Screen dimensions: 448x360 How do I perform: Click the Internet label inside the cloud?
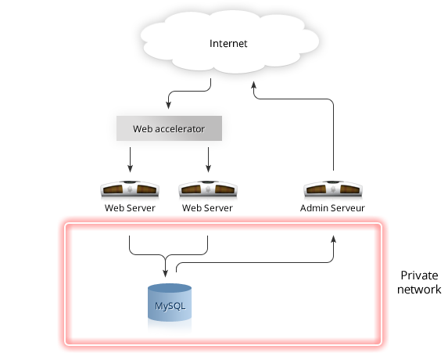[x=228, y=44]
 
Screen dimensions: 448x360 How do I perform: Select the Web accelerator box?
[x=169, y=128]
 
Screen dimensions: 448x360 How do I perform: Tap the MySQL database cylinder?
[x=170, y=303]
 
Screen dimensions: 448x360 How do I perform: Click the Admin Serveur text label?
[x=332, y=208]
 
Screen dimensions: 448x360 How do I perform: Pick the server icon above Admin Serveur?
[x=333, y=189]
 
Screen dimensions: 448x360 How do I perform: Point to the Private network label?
[x=419, y=283]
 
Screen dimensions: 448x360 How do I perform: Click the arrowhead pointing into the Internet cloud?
[x=253, y=85]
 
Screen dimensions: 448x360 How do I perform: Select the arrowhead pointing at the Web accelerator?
[x=169, y=105]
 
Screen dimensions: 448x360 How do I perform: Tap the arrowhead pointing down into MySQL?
[x=165, y=273]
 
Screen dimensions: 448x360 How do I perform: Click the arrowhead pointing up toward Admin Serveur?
[x=333, y=239]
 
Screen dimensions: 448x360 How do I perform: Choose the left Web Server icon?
[x=130, y=189]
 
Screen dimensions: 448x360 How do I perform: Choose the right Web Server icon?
[x=208, y=189]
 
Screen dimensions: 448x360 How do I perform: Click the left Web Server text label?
[x=130, y=208]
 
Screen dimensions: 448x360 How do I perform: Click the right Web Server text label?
[x=207, y=208]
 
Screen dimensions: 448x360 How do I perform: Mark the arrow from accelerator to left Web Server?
[x=130, y=160]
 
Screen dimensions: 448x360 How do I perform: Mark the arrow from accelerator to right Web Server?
[x=208, y=160]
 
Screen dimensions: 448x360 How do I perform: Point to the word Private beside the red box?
[x=419, y=275]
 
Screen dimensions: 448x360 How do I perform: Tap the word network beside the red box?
[x=419, y=290]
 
